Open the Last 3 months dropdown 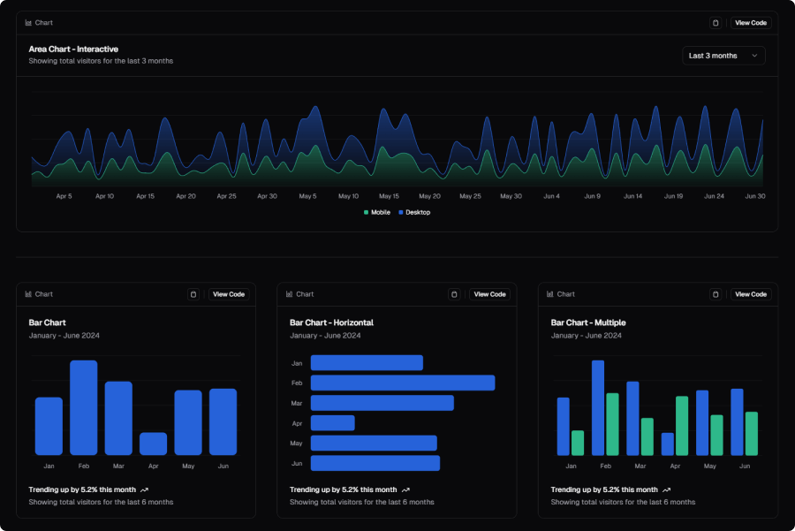click(723, 56)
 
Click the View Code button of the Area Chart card click(751, 23)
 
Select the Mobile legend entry click(377, 213)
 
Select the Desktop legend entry click(414, 213)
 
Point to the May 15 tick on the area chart click(389, 196)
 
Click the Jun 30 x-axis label click(755, 196)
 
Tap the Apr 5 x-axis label click(64, 196)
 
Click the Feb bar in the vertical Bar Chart click(84, 408)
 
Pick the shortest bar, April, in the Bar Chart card click(153, 444)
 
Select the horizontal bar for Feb click(403, 383)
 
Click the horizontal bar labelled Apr click(333, 423)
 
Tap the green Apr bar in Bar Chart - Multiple click(682, 426)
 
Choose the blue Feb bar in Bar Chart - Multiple click(598, 408)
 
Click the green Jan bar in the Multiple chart click(578, 443)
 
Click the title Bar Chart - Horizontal click(331, 322)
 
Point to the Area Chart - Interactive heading click(73, 49)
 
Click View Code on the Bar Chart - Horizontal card click(489, 294)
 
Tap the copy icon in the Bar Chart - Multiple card click(715, 294)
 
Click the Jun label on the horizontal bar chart click(297, 464)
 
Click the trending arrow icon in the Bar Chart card click(145, 490)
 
